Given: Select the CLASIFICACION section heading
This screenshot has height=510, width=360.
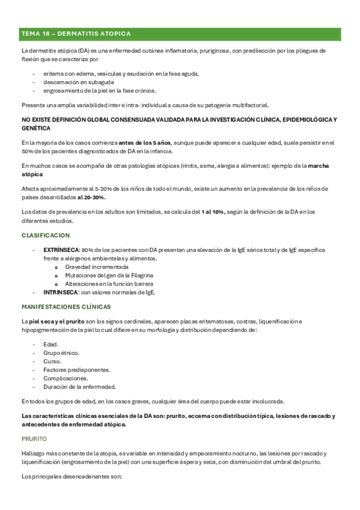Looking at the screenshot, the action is (46, 235).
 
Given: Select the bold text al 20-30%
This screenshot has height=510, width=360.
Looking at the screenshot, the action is (91, 197).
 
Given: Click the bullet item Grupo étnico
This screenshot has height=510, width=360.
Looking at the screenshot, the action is (61, 352).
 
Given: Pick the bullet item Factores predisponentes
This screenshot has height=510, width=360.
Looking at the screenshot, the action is (76, 370).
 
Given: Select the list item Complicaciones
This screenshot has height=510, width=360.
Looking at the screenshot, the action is (66, 378).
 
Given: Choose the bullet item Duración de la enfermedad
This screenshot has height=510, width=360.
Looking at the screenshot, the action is (79, 387).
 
